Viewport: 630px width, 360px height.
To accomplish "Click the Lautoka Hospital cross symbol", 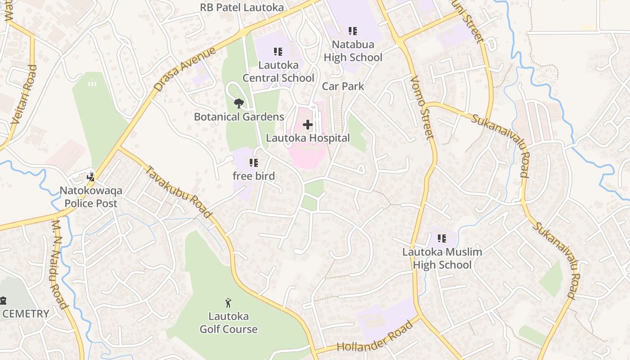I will coord(308,125).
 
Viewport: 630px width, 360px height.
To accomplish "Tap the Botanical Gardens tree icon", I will coord(238,103).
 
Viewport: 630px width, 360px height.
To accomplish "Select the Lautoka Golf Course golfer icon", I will coord(228,302).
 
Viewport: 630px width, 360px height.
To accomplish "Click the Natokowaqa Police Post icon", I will coord(91,176).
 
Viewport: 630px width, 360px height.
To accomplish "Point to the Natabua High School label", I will coord(353,51).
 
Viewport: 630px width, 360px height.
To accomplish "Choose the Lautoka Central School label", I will coord(279,72).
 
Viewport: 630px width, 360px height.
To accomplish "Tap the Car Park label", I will coord(343,86).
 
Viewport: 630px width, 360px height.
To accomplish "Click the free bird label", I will coord(254,176).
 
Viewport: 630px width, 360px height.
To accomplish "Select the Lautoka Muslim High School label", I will coord(442,258).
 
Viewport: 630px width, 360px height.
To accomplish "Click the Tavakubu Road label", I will coord(179,192).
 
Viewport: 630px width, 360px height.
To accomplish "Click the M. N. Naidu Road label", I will coord(59,264).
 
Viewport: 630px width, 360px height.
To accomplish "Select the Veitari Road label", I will coord(23,94).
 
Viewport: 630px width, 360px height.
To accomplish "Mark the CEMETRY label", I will coord(26,314).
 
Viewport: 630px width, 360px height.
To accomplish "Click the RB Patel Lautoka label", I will coord(242,7).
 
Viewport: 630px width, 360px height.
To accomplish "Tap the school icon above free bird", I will coord(254,162).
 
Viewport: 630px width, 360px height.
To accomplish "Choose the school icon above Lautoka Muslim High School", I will coord(442,238).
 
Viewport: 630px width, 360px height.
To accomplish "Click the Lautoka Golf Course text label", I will coord(229,323).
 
